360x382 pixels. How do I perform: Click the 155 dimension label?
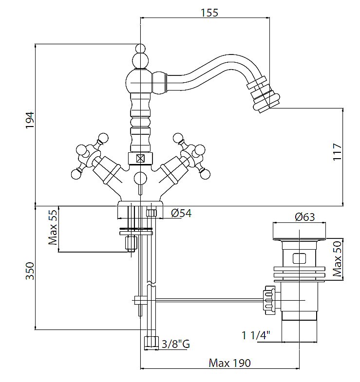(x=209, y=13)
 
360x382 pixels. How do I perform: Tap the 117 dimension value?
(x=338, y=152)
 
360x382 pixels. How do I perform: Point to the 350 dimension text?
(x=29, y=271)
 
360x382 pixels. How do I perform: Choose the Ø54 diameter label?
(x=181, y=213)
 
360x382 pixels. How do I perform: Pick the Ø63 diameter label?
(x=305, y=217)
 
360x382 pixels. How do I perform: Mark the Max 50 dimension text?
(x=338, y=259)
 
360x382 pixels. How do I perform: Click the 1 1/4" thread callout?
(x=256, y=335)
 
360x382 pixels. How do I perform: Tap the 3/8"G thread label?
(x=175, y=345)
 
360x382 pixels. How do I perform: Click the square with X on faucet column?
(x=141, y=158)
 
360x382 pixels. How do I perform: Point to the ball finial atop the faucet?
(x=140, y=49)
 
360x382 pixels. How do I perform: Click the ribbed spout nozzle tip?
(x=262, y=97)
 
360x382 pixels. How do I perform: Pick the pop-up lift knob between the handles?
(x=140, y=178)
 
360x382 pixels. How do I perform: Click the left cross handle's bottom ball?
(x=76, y=172)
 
